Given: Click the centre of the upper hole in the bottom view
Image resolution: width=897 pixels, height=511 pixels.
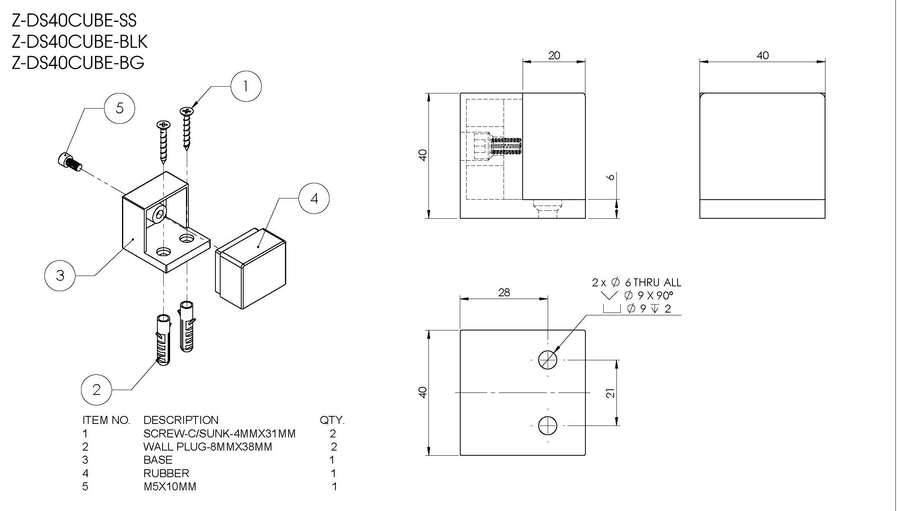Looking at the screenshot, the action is click(548, 360).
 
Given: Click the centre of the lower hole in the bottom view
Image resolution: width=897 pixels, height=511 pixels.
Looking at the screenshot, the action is click(548, 426).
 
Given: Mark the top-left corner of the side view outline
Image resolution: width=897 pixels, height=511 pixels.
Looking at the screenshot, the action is click(460, 93).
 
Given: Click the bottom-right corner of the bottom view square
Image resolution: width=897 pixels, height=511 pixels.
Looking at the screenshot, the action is click(585, 455).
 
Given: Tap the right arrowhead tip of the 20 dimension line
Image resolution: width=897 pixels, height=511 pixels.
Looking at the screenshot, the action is click(585, 61).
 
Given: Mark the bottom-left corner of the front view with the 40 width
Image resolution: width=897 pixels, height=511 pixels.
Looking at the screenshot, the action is click(700, 218).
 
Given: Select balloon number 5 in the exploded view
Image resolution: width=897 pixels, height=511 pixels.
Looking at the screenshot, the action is click(120, 108).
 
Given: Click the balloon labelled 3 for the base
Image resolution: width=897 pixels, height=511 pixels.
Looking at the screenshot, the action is click(60, 275).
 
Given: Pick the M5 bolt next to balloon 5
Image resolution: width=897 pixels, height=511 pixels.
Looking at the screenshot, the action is click(69, 161).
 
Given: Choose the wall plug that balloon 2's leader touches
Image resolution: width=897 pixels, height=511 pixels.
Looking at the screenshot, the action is click(164, 340).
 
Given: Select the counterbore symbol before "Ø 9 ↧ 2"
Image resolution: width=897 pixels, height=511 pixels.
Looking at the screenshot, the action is click(612, 309).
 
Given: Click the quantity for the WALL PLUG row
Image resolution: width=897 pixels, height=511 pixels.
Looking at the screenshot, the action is click(334, 447).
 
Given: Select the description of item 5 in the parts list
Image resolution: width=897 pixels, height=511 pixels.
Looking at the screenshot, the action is click(170, 486).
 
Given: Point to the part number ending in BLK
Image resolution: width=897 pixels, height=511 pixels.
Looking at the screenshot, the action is click(80, 41).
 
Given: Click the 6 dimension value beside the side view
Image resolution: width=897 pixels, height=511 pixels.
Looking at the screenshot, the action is click(612, 177).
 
